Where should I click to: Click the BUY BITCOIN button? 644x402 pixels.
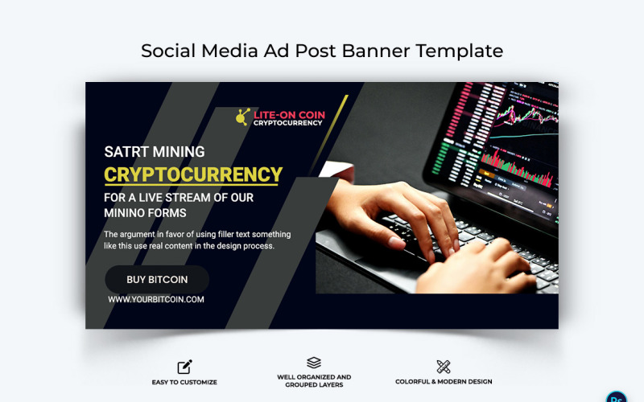[x=157, y=280]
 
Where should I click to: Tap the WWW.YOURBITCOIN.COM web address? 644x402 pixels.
[x=156, y=300]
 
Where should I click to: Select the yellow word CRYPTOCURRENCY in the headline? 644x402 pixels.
[x=193, y=174]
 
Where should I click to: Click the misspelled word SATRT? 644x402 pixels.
[x=126, y=151]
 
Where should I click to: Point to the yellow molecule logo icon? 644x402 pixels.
[x=242, y=117]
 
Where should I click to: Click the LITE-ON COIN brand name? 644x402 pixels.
[x=289, y=115]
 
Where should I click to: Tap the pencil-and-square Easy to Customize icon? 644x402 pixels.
[x=184, y=367]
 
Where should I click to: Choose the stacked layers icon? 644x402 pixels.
[x=314, y=363]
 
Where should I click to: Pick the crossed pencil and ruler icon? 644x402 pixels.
[x=444, y=367]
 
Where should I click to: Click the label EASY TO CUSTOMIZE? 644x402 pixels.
[x=184, y=382]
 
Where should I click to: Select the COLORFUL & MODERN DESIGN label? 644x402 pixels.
[x=444, y=382]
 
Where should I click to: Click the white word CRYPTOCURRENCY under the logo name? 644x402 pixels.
[x=289, y=123]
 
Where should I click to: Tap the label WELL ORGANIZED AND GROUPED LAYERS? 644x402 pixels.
[x=314, y=381]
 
